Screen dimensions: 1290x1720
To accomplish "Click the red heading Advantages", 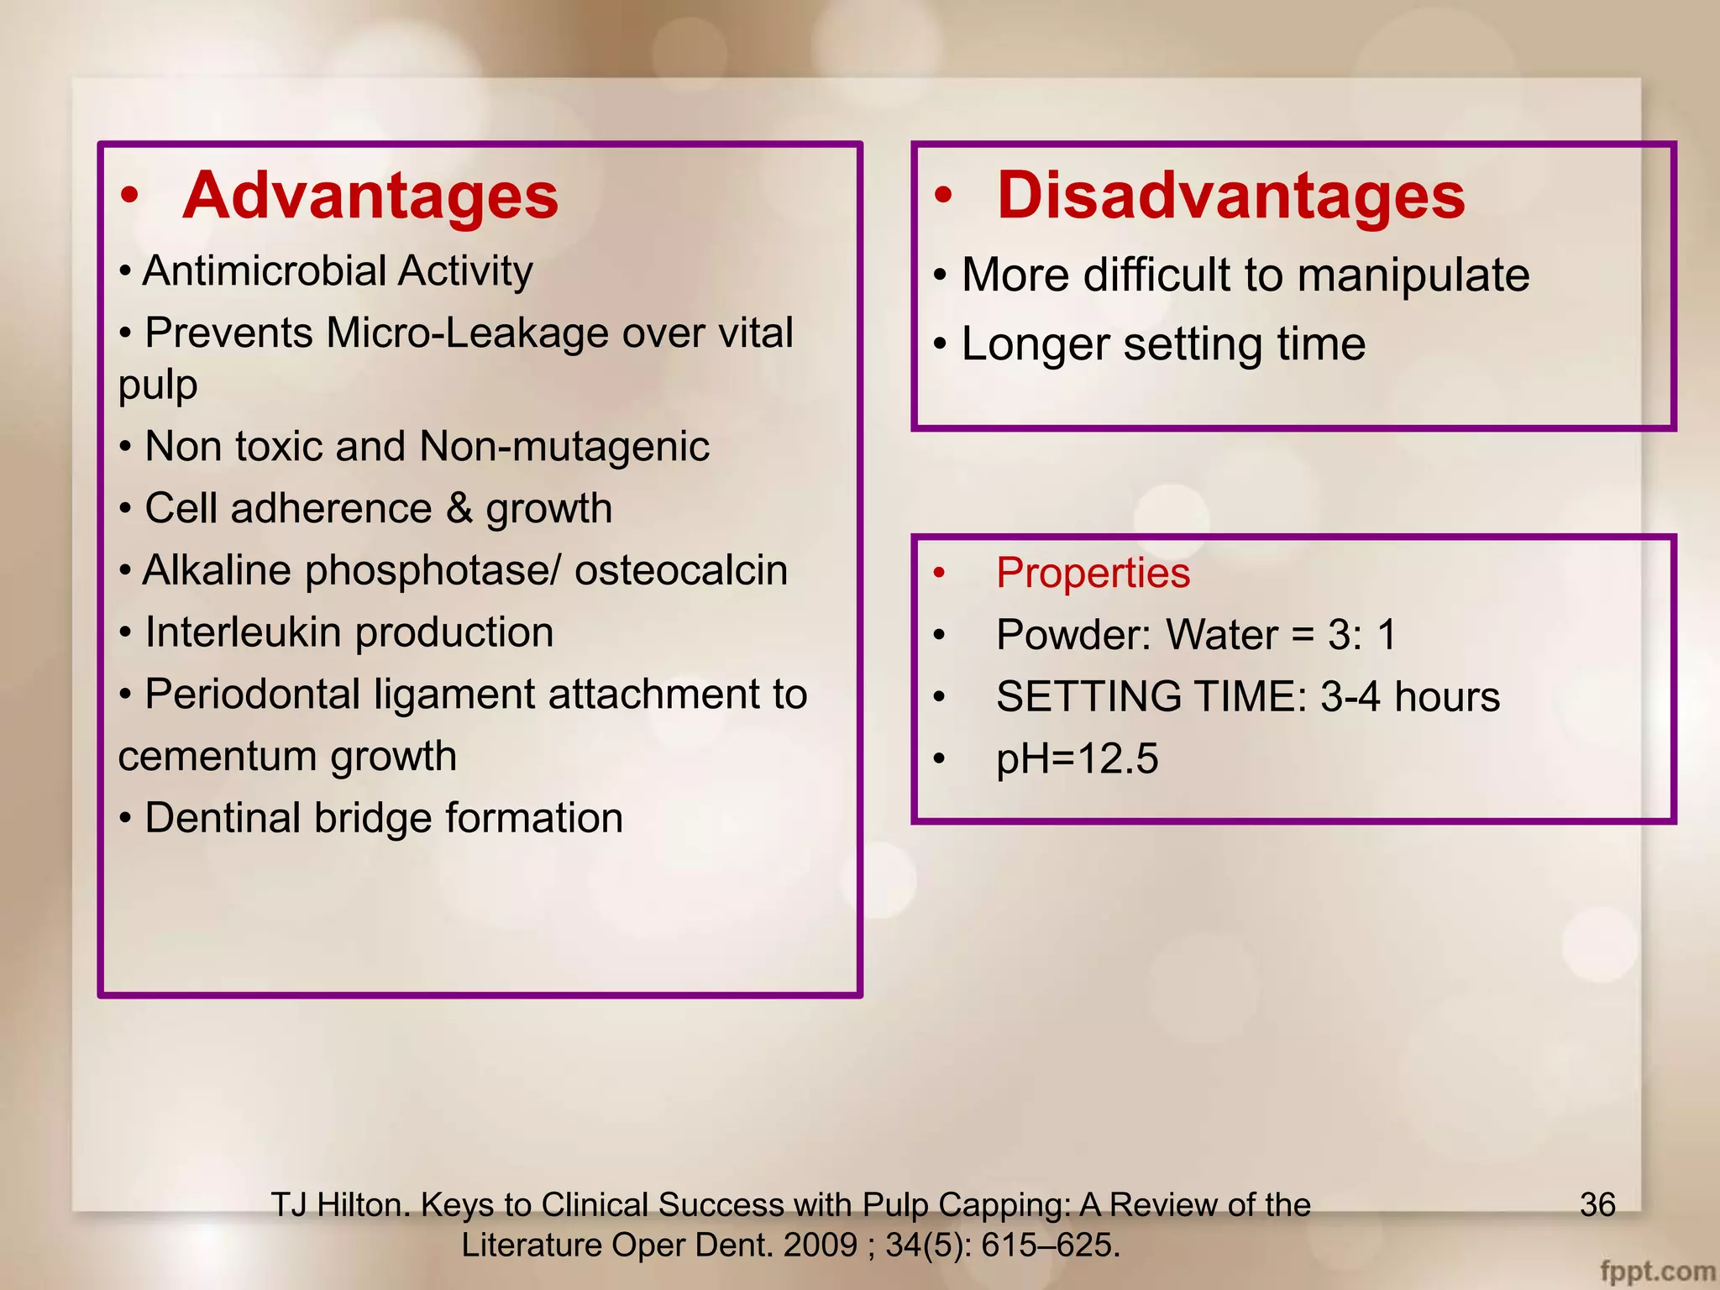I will (370, 196).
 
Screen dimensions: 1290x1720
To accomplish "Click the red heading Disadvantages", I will (1230, 196).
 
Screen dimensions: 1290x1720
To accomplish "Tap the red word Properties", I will (1093, 574).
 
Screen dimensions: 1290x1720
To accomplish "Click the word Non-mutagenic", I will (564, 447).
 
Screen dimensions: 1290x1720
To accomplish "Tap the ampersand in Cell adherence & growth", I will (459, 508).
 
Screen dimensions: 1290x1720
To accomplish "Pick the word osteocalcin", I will (681, 570).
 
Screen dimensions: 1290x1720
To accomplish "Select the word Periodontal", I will (253, 695).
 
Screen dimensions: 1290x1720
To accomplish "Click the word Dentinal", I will (223, 818).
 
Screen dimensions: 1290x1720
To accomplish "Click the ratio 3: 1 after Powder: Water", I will (1361, 635).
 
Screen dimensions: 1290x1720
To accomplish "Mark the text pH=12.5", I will (1077, 759).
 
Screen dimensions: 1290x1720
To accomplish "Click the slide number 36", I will (1597, 1204).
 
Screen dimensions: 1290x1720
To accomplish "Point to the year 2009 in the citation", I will (820, 1245).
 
